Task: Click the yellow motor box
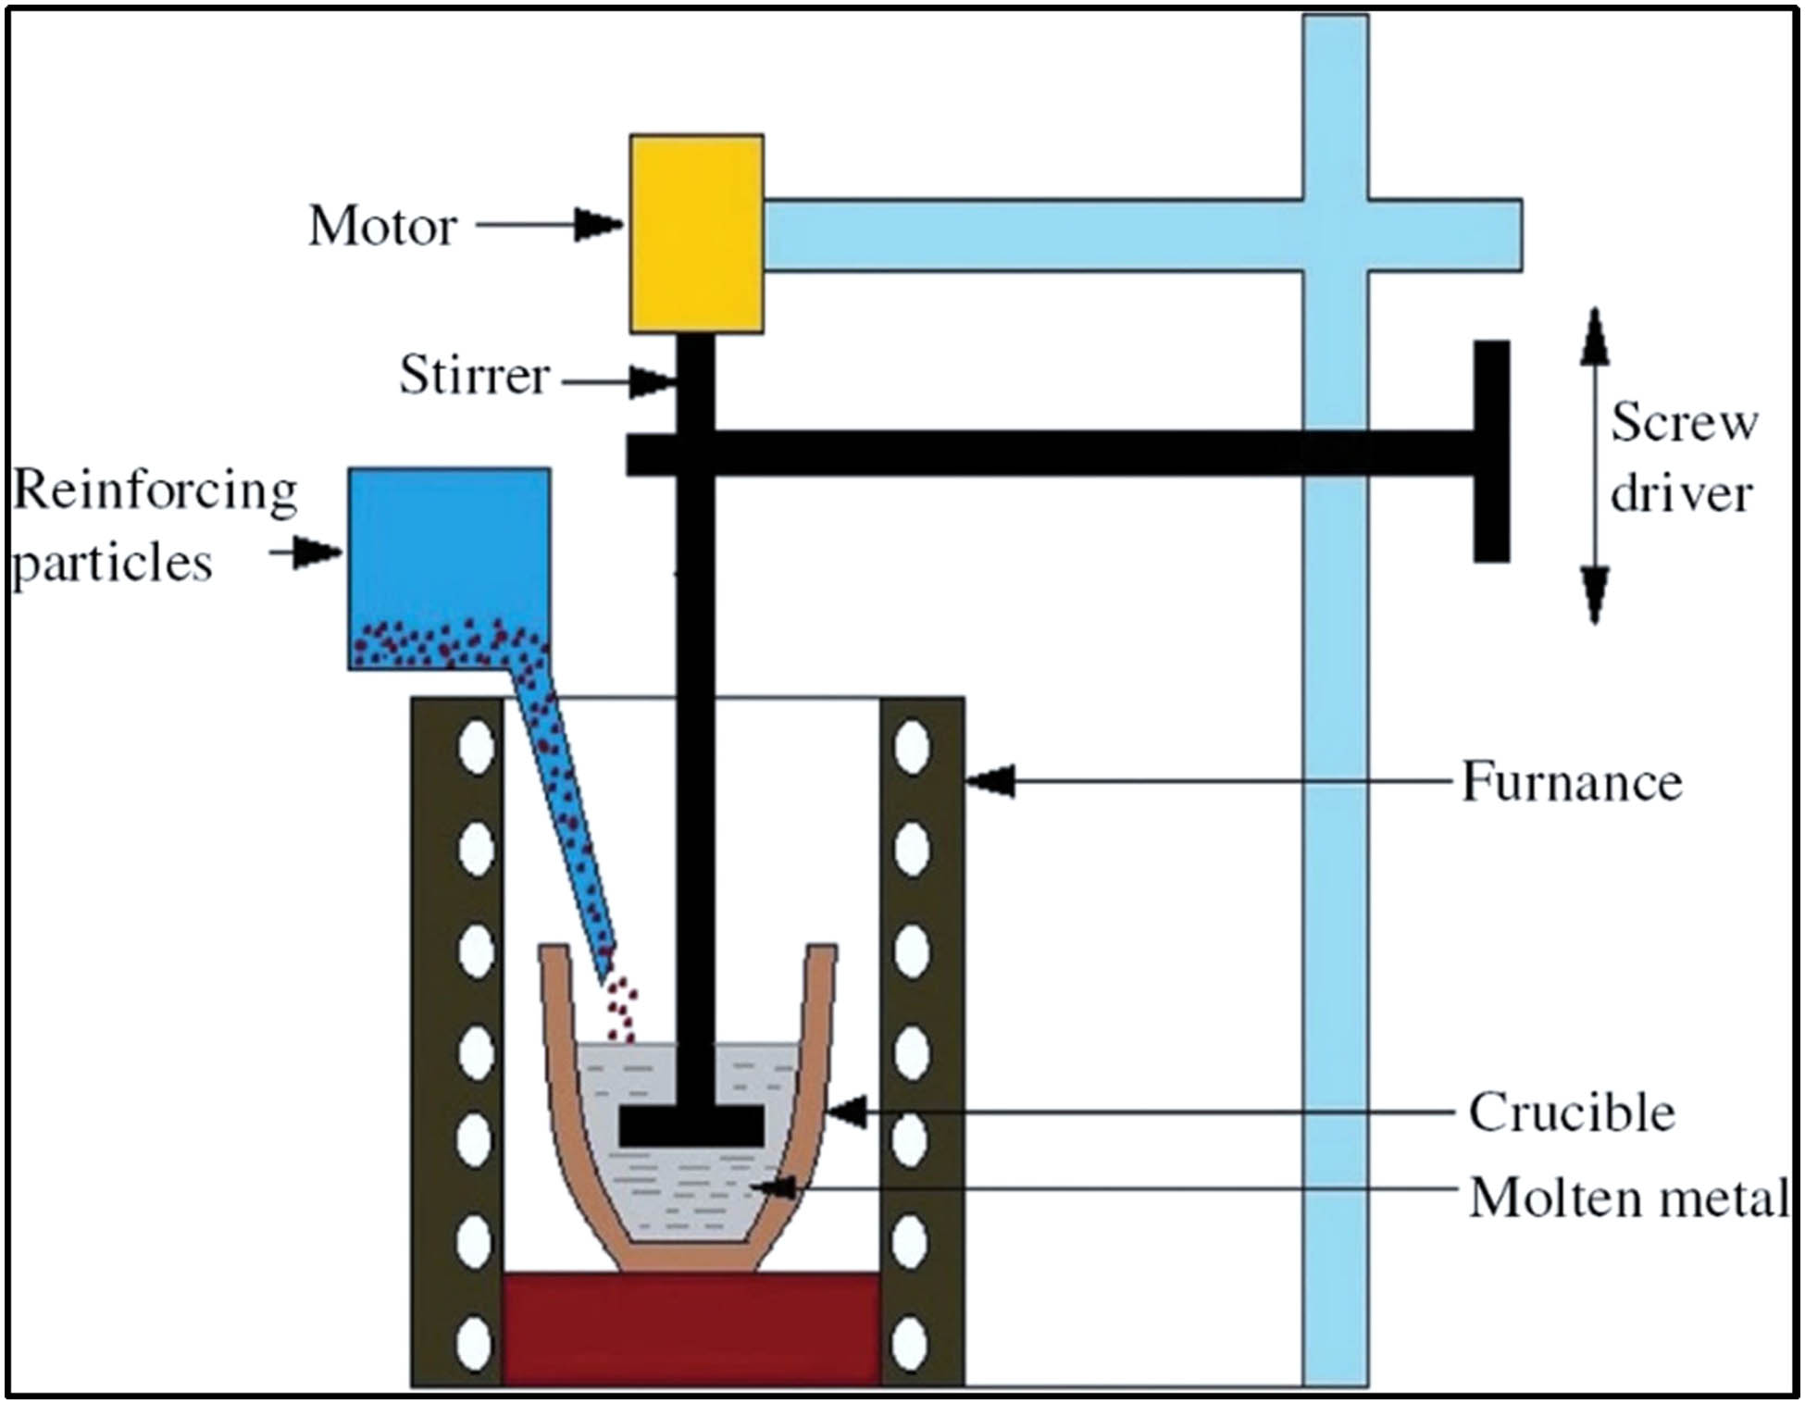pyautogui.click(x=696, y=233)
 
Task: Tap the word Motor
pyautogui.click(x=382, y=226)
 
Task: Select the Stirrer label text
pyautogui.click(x=474, y=376)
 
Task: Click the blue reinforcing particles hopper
pyautogui.click(x=449, y=555)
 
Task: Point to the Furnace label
pyautogui.click(x=1571, y=783)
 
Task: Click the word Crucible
pyautogui.click(x=1572, y=1112)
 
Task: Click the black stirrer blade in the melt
pyautogui.click(x=691, y=1125)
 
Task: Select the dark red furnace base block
pyautogui.click(x=691, y=1329)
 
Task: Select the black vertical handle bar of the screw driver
pyautogui.click(x=1491, y=451)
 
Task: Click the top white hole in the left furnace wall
pyautogui.click(x=477, y=745)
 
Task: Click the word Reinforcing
pyautogui.click(x=155, y=491)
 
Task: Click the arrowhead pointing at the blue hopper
pyautogui.click(x=318, y=553)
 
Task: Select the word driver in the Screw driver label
pyautogui.click(x=1680, y=492)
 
